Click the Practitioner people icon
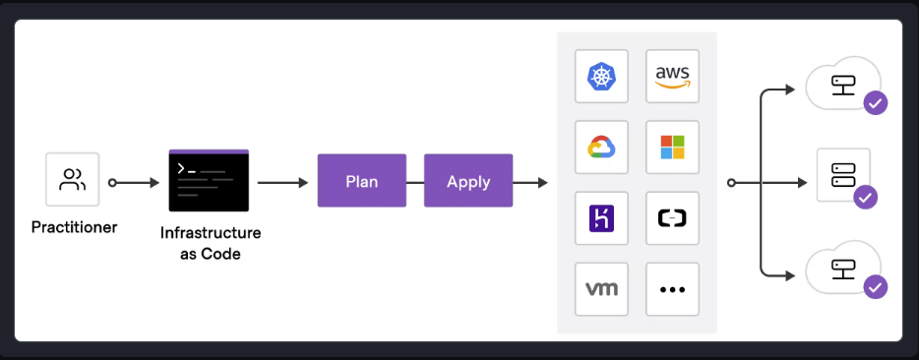click(x=73, y=179)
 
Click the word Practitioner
click(x=74, y=227)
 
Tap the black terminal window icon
click(x=209, y=180)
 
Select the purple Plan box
click(x=361, y=180)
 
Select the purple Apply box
click(x=468, y=180)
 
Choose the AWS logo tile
click(x=672, y=77)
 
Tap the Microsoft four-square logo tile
click(x=672, y=148)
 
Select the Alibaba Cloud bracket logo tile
click(x=672, y=218)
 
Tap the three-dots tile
click(x=672, y=289)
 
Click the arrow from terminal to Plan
click(x=282, y=182)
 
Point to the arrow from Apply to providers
click(x=531, y=182)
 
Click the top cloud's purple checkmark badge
click(x=874, y=103)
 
